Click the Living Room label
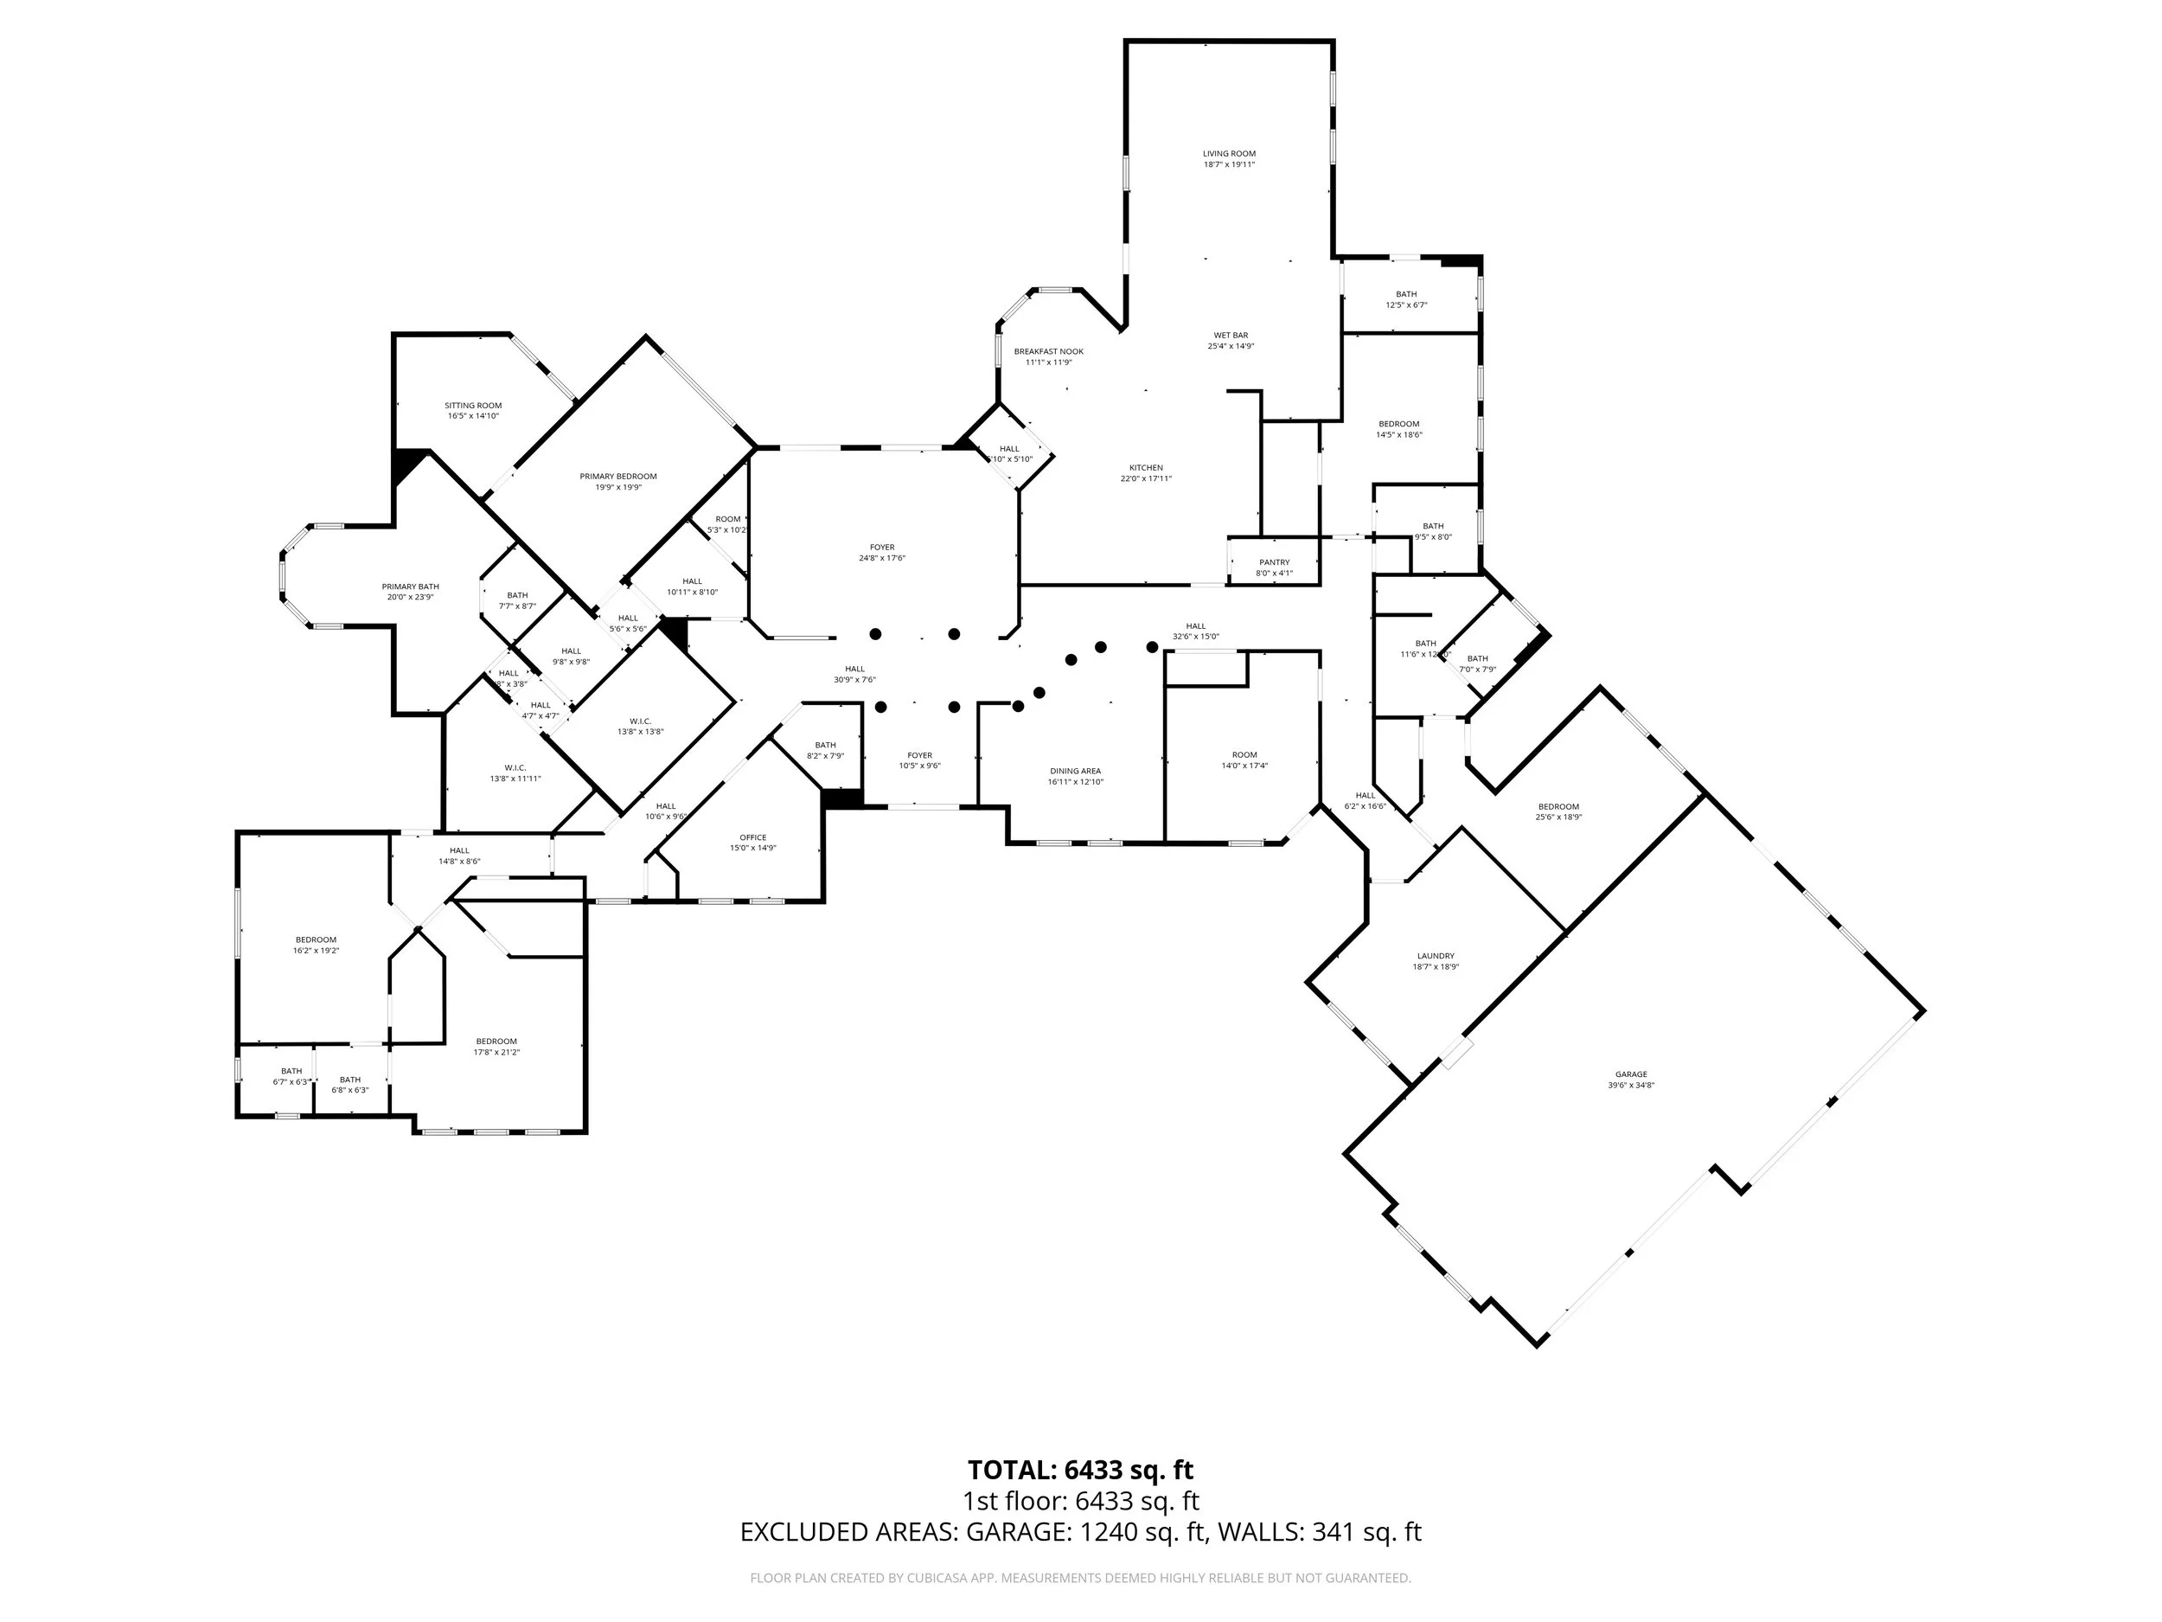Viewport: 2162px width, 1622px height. coord(1229,153)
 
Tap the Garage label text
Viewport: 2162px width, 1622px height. coord(1630,1074)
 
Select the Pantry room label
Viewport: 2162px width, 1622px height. coord(1274,562)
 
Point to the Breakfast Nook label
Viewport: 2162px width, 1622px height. coord(1048,352)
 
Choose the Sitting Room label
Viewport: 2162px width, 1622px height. coord(473,406)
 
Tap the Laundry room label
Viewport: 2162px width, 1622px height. coord(1435,956)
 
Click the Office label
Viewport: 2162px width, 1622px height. coord(752,838)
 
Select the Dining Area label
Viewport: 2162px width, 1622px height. coord(1075,772)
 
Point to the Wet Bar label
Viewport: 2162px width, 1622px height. coord(1231,336)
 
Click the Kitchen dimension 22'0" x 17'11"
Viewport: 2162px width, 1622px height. coord(1146,479)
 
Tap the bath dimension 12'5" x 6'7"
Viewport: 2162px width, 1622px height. coord(1405,305)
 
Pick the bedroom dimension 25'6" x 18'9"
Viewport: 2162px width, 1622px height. coord(1558,817)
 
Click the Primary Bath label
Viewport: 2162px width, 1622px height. coord(410,587)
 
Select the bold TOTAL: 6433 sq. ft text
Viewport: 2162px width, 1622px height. coord(1080,1471)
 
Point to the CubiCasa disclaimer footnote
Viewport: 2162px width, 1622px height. coord(1080,1578)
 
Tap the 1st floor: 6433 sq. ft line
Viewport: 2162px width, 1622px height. coord(1080,1502)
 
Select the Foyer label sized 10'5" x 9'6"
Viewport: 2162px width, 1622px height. coord(918,756)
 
